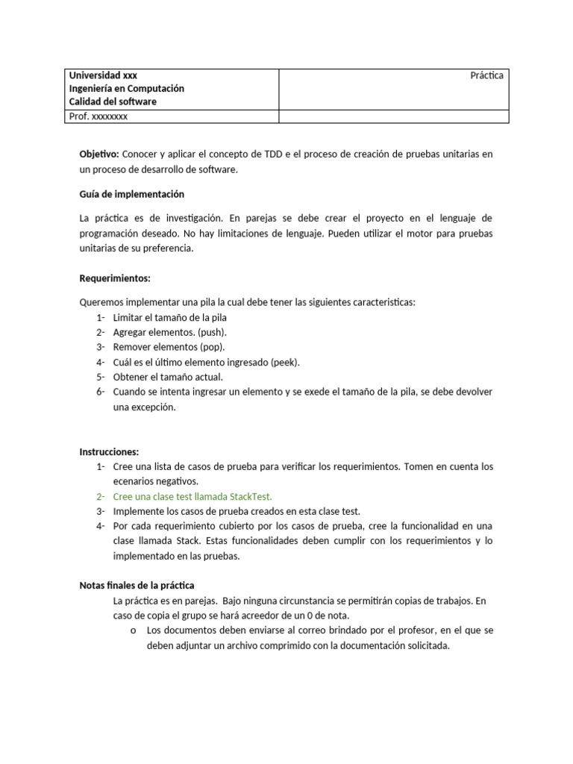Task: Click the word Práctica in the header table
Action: (486, 75)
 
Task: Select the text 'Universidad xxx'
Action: (103, 75)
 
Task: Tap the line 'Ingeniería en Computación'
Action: (126, 88)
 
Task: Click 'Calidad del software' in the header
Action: (113, 101)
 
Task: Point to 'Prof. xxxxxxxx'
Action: (98, 116)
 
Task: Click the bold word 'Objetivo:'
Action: (99, 154)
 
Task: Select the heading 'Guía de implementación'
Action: (131, 194)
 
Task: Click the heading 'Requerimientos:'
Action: (115, 278)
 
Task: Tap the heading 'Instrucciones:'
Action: (109, 451)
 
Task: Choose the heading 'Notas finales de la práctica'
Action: (137, 585)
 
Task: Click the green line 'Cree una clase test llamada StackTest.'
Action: (192, 496)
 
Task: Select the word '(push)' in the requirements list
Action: (213, 332)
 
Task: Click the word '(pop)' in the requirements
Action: (211, 347)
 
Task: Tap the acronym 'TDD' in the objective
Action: (274, 154)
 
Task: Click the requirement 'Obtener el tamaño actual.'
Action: (168, 377)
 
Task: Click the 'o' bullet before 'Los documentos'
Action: (132, 630)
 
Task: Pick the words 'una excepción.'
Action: (144, 407)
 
